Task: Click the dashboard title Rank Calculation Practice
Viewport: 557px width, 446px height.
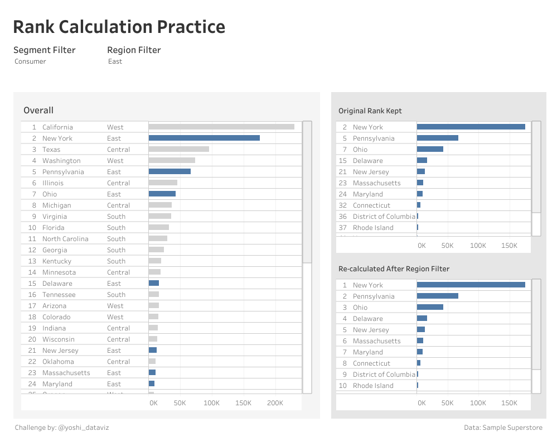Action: [119, 27]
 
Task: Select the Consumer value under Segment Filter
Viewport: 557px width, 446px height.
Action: [30, 61]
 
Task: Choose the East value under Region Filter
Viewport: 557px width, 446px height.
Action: [115, 61]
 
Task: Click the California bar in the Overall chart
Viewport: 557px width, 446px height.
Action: [221, 127]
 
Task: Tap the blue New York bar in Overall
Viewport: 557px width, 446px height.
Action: [204, 138]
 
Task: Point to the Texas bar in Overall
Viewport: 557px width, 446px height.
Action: [178, 149]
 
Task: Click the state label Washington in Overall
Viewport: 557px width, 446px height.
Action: [61, 161]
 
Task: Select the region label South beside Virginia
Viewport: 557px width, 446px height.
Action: [116, 217]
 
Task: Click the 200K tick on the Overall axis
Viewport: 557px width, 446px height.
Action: [275, 402]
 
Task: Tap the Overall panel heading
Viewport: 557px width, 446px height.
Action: [38, 111]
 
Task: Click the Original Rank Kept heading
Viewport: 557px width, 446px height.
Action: [370, 111]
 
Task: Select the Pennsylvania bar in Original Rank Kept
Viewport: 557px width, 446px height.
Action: [437, 138]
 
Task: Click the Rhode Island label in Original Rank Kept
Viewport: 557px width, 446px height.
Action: [373, 228]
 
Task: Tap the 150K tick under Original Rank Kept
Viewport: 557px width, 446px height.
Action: [509, 246]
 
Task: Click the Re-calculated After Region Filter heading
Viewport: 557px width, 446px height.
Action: [394, 269]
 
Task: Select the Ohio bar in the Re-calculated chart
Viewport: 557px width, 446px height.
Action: [430, 307]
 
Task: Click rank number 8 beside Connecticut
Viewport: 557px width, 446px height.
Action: [345, 363]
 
